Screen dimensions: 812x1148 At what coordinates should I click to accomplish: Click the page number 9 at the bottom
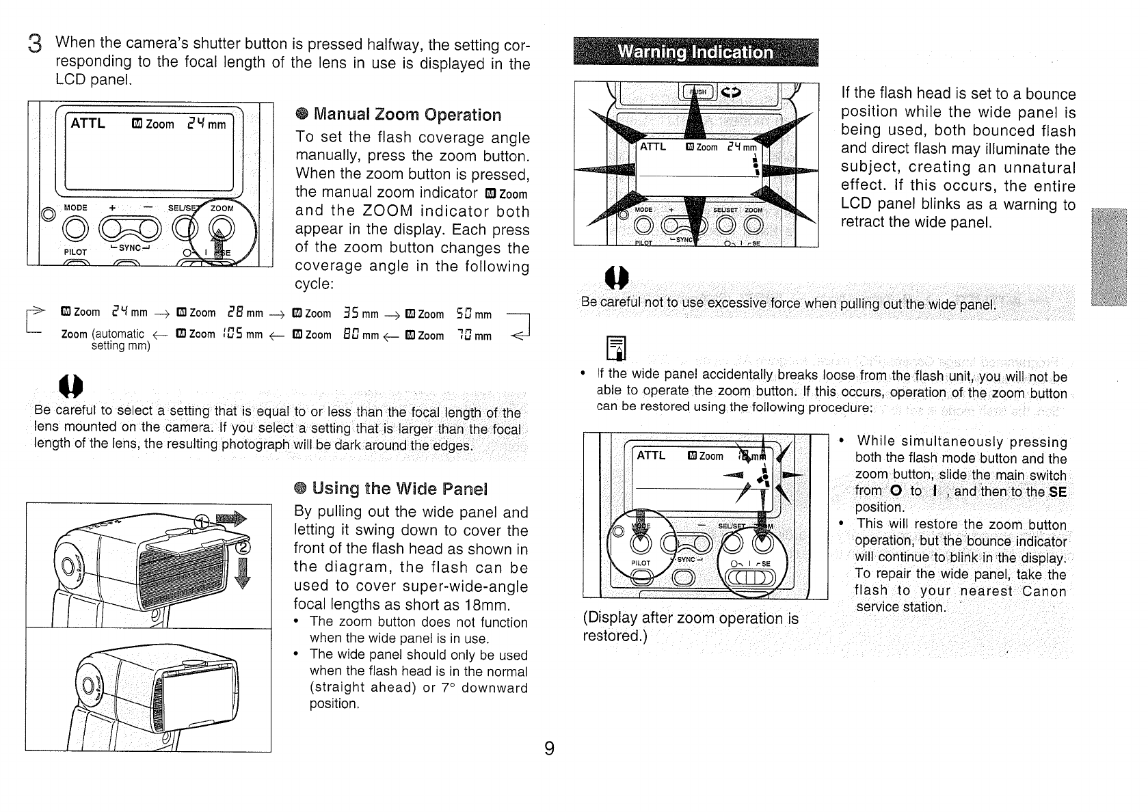[549, 748]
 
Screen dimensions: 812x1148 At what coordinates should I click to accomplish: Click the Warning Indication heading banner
[695, 53]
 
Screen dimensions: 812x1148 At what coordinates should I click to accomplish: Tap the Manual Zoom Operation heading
[407, 115]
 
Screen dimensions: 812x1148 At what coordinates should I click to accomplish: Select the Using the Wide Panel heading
[399, 489]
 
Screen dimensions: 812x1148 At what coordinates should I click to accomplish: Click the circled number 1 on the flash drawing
[201, 523]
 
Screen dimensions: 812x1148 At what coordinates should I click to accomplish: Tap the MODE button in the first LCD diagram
[75, 227]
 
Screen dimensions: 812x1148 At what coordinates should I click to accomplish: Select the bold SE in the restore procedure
[1057, 491]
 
